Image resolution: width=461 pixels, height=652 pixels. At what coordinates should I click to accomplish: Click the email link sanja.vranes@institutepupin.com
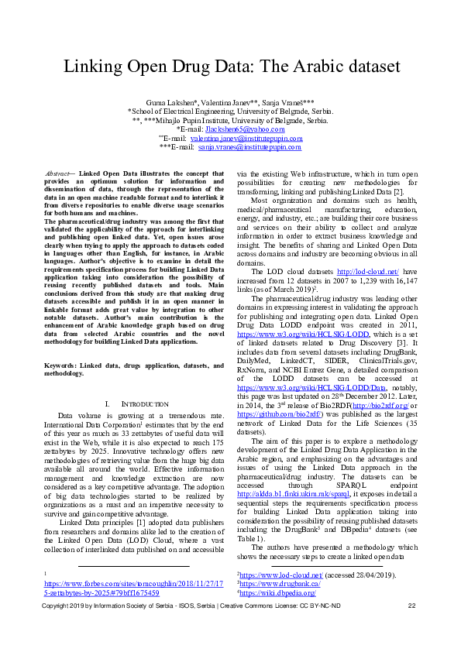[x=239, y=146]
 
